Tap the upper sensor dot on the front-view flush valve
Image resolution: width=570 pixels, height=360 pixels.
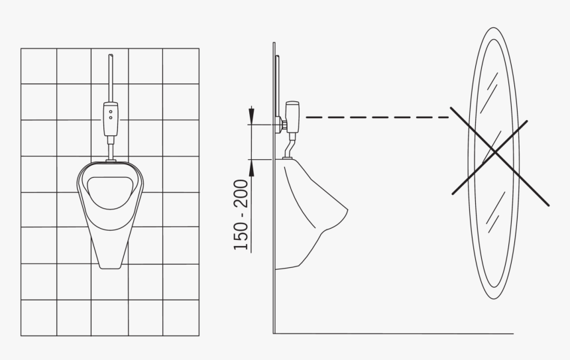pyautogui.click(x=111, y=111)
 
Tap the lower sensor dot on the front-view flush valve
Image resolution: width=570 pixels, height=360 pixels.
pyautogui.click(x=111, y=118)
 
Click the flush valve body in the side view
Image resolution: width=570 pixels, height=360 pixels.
pyautogui.click(x=293, y=115)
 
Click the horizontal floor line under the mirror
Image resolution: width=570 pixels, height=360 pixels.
pyautogui.click(x=398, y=333)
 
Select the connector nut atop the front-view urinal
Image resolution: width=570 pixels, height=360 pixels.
pyautogui.click(x=111, y=160)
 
